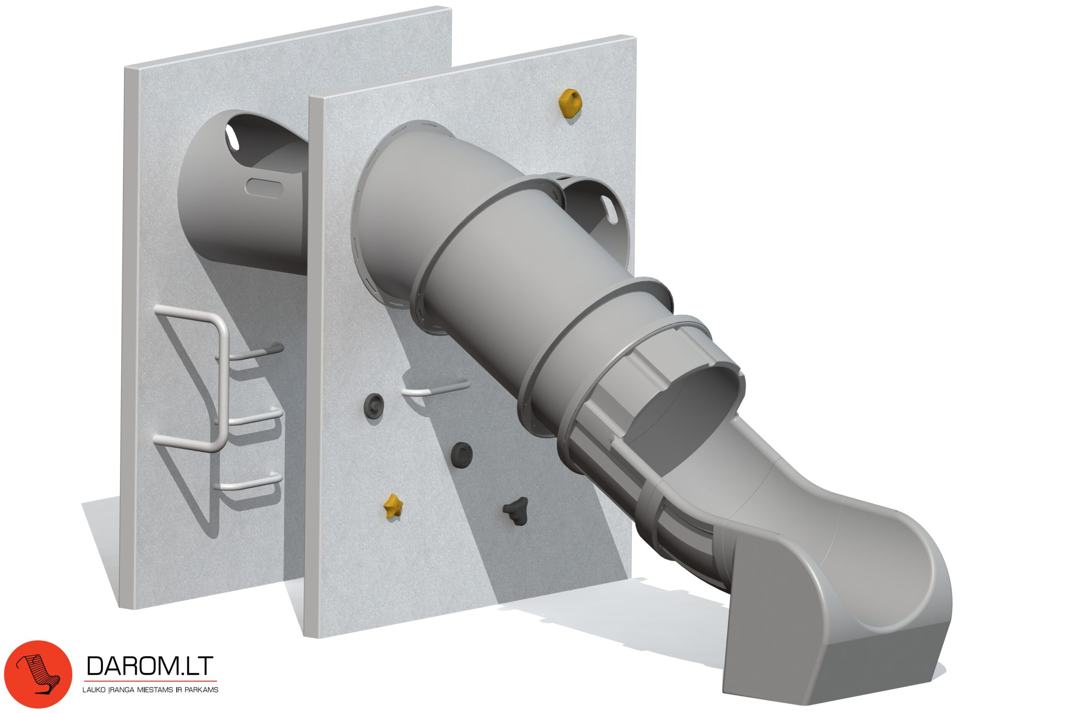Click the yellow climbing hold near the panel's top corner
pyautogui.click(x=569, y=104)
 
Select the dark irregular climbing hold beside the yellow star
pyautogui.click(x=516, y=510)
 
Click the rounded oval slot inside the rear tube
pyautogui.click(x=264, y=188)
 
